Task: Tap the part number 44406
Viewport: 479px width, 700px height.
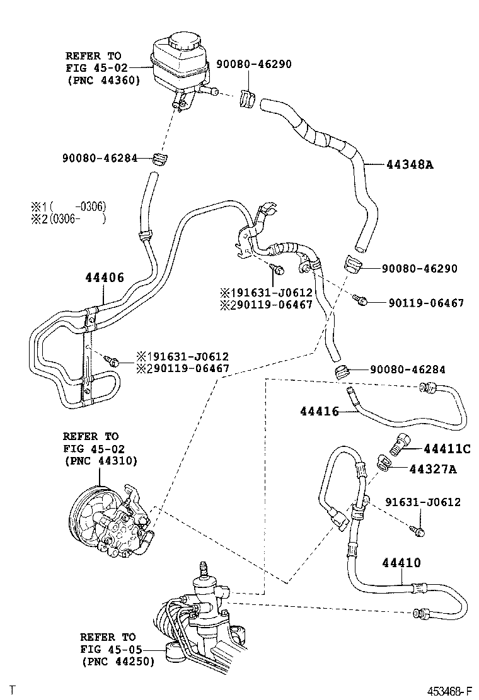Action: coord(105,278)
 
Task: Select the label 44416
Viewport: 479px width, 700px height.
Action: coord(320,412)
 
